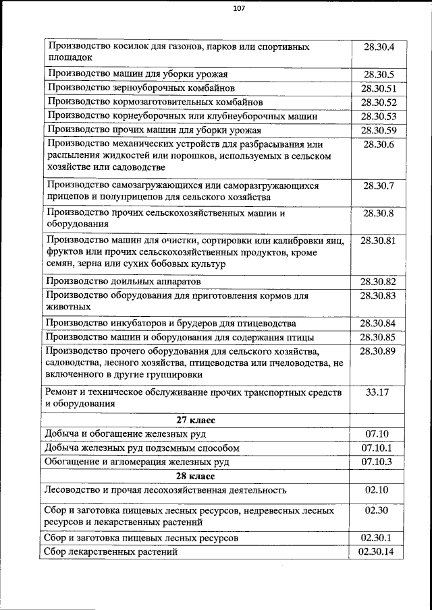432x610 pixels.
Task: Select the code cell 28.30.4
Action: (x=379, y=47)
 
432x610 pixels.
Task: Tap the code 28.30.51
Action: (x=379, y=88)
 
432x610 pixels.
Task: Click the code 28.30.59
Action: (x=379, y=130)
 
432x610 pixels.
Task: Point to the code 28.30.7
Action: (x=379, y=185)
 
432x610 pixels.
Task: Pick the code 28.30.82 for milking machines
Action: (x=379, y=281)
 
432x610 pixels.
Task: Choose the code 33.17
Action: (x=379, y=392)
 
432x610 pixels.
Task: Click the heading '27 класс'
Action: (x=196, y=419)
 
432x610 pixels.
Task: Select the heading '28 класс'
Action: (x=196, y=475)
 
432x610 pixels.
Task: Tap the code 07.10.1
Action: (x=379, y=448)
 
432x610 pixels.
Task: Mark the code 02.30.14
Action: (x=379, y=552)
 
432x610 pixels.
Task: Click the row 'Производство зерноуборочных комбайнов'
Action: (x=140, y=88)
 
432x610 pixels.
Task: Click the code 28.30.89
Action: (x=379, y=351)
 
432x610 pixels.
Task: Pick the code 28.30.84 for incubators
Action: (x=379, y=323)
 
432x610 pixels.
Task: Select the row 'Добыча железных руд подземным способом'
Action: (x=141, y=448)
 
